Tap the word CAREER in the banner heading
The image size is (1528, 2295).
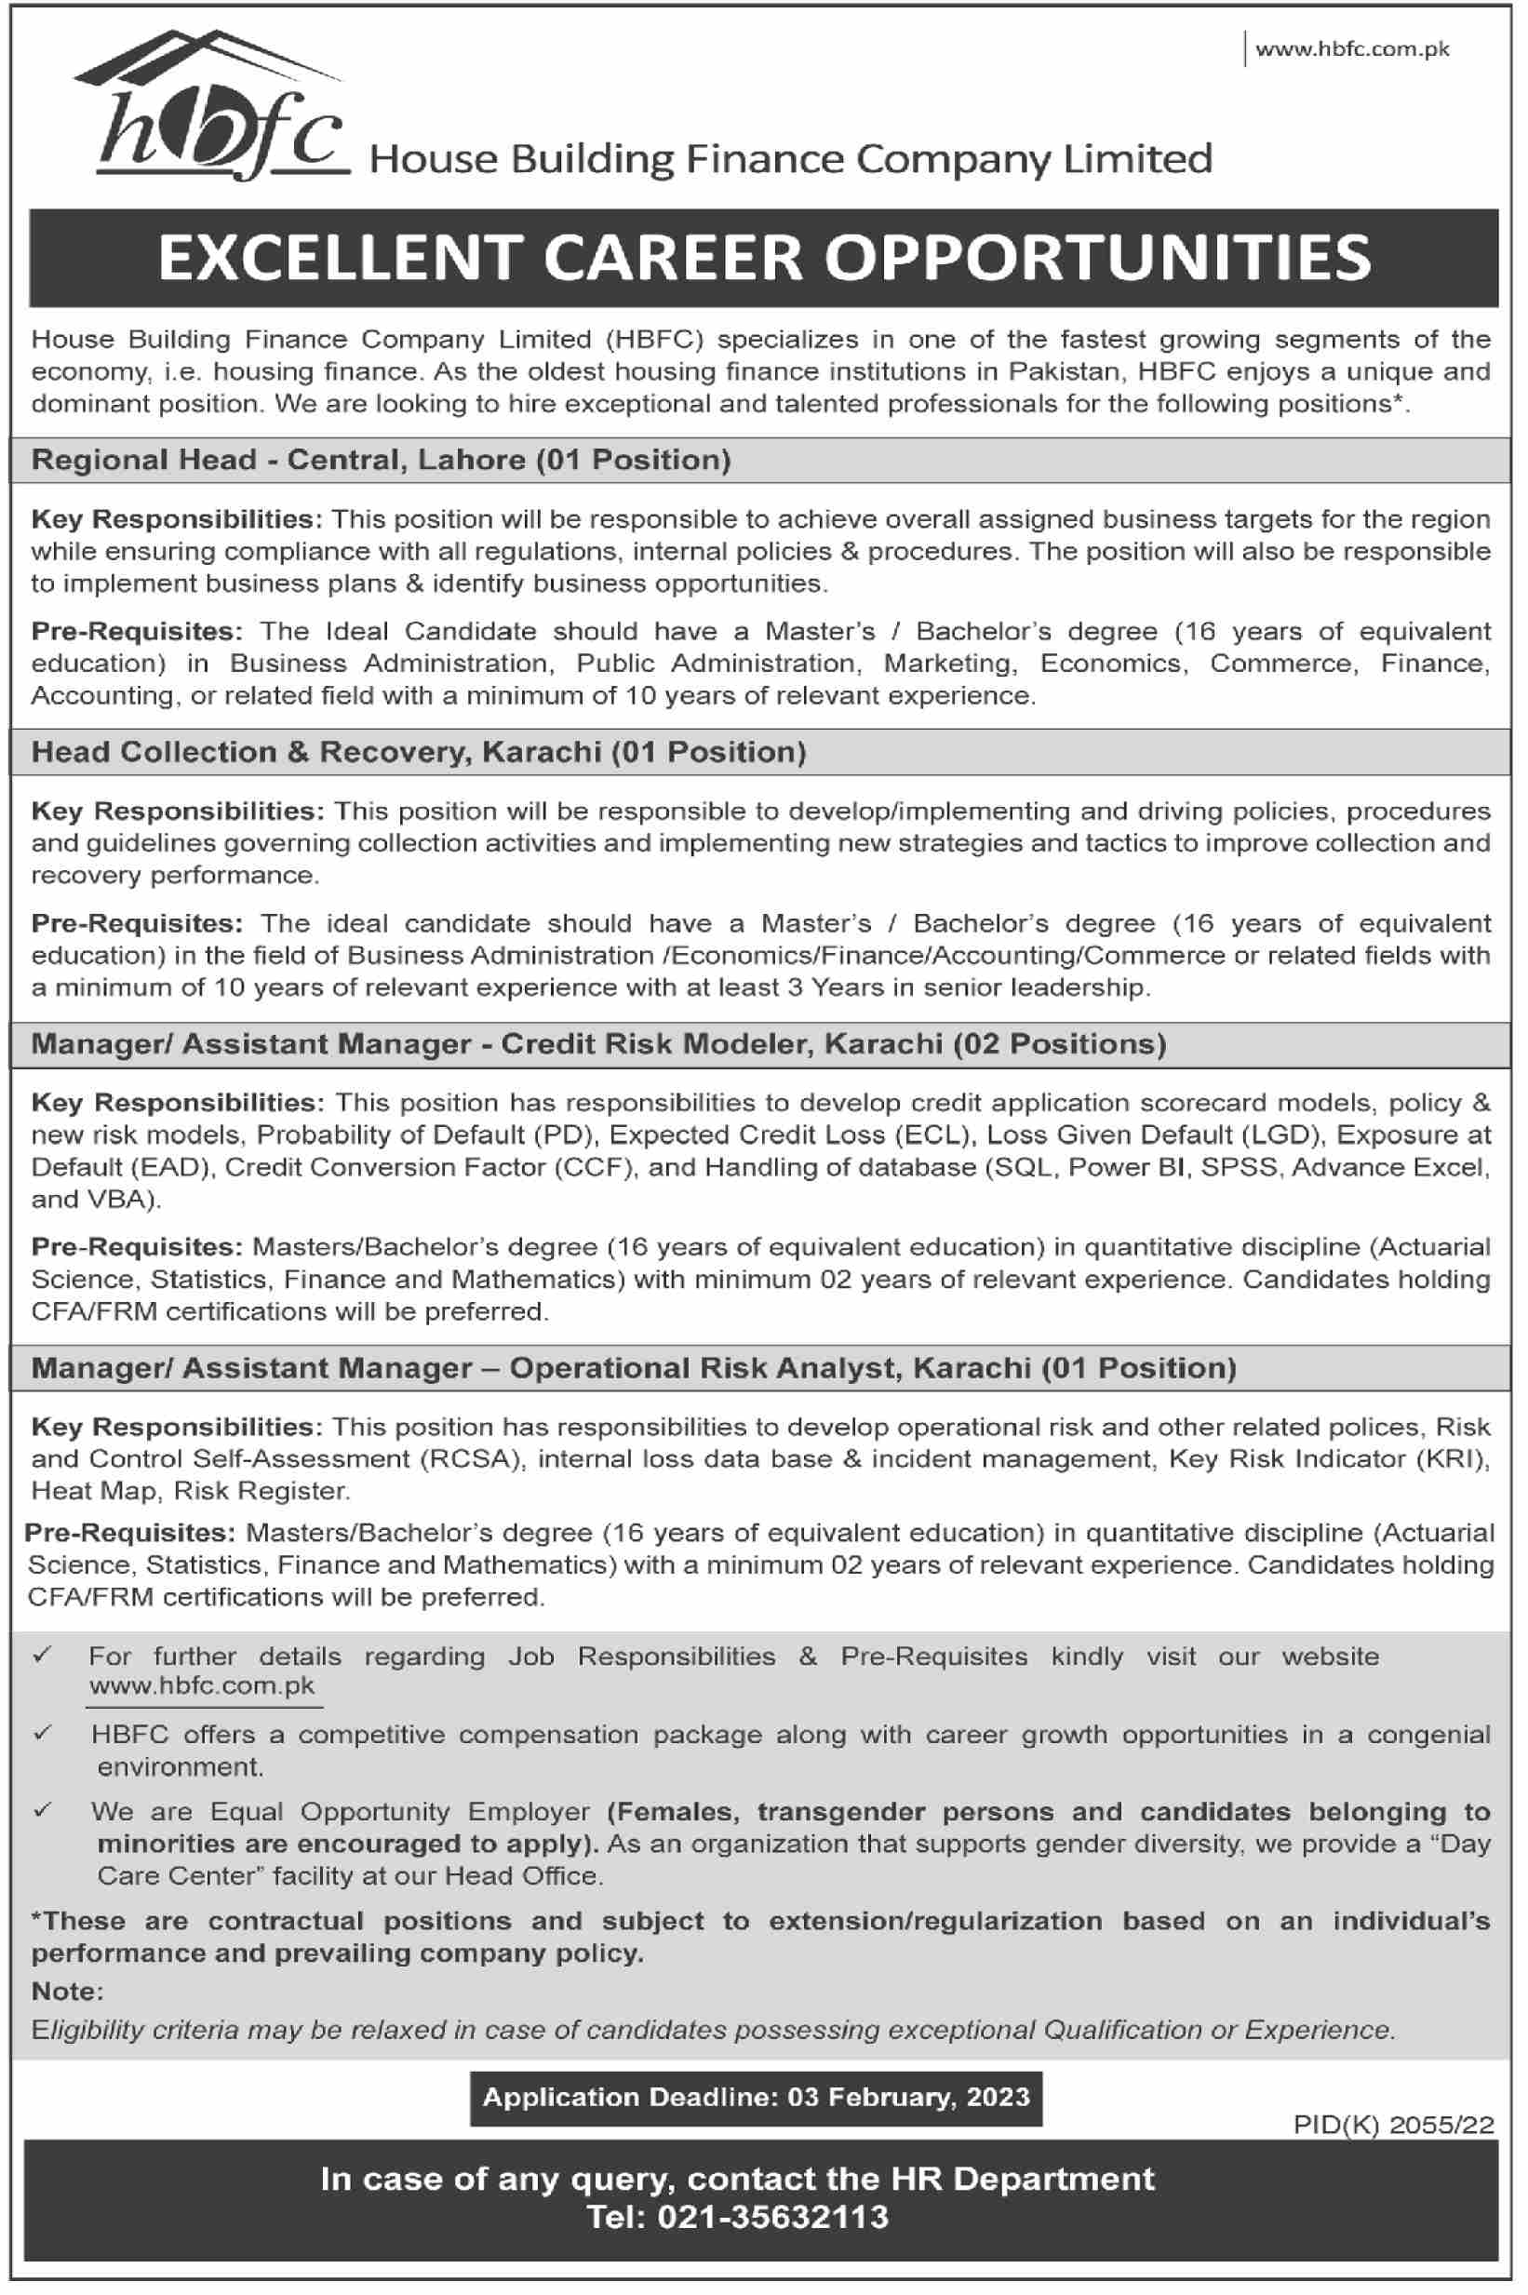tap(674, 258)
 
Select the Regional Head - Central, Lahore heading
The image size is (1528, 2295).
tap(380, 459)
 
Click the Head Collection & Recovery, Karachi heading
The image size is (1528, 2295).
tap(418, 751)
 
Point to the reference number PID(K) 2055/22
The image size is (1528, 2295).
tap(1393, 2125)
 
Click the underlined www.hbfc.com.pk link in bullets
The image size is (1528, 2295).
tap(202, 1686)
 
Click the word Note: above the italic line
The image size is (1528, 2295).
tap(67, 1990)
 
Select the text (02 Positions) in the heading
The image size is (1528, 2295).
tap(1059, 1043)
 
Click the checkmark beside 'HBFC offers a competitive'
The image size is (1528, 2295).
tap(42, 1733)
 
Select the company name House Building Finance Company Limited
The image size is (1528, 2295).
tap(790, 159)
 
